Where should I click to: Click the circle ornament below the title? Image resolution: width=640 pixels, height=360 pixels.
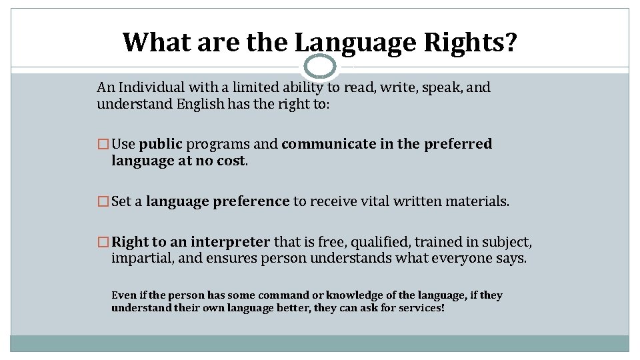(320, 66)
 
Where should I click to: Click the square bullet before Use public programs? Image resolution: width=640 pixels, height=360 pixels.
(103, 144)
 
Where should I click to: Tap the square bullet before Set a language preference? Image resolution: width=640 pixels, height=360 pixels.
(103, 201)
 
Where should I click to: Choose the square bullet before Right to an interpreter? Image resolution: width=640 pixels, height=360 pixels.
(103, 242)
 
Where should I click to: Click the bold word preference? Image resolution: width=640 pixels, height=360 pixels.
(251, 201)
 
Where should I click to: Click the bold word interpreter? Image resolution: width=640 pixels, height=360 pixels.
(230, 242)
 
